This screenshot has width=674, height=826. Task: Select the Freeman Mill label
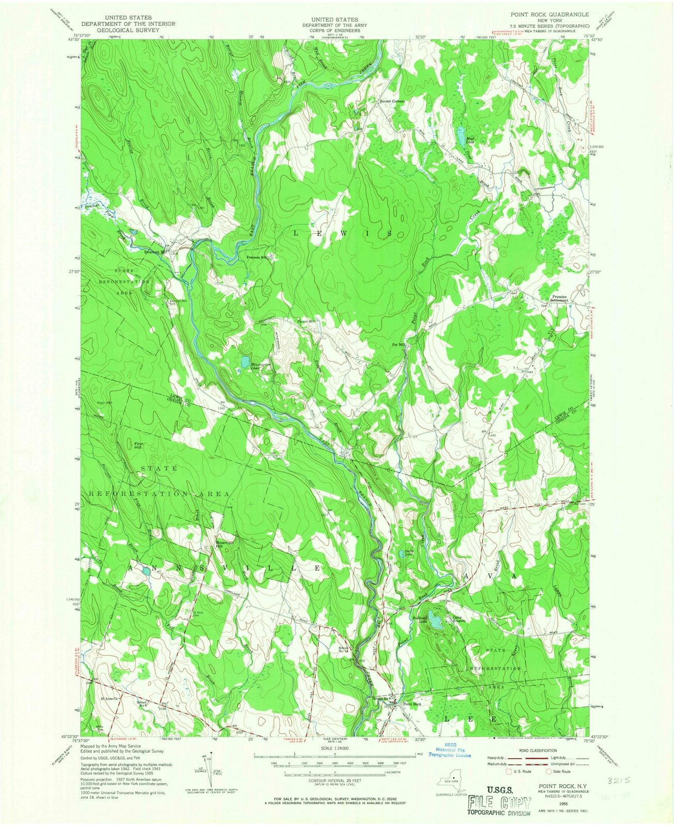(257, 257)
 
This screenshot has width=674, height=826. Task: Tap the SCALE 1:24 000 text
(334, 748)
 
